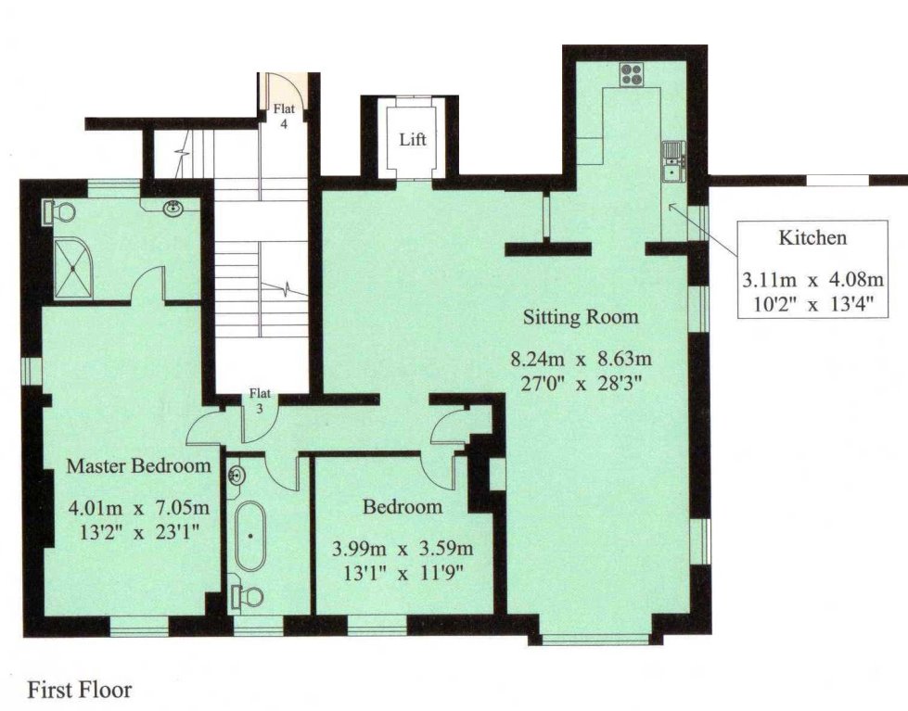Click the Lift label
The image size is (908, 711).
click(x=413, y=140)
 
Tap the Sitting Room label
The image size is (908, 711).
click(x=581, y=317)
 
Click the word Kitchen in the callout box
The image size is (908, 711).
click(x=812, y=238)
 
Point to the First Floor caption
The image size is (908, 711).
click(x=80, y=690)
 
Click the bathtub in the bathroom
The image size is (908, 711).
click(x=249, y=536)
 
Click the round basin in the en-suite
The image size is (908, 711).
click(x=173, y=209)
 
